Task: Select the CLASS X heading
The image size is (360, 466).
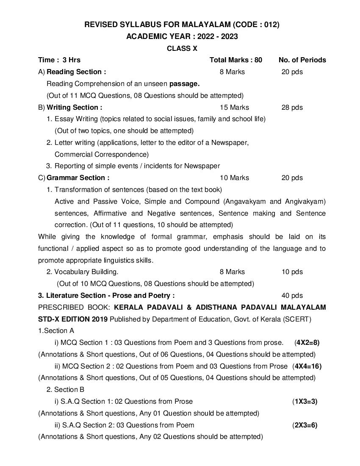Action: coord(182,48)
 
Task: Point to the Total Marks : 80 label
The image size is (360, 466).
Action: coord(236,60)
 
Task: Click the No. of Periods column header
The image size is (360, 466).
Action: coord(302,60)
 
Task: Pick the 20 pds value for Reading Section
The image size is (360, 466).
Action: coord(292,72)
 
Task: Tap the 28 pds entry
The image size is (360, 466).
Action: coord(292,107)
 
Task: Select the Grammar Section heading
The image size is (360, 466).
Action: coord(78,178)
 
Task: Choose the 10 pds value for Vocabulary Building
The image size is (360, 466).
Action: coord(292,272)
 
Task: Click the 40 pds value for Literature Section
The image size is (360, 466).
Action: coord(292,295)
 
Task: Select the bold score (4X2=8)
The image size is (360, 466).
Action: coord(307,342)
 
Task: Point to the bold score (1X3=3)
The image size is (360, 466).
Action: coord(305,401)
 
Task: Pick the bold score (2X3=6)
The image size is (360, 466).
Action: coord(305,425)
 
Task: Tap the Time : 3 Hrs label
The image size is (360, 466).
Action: coord(59,60)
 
